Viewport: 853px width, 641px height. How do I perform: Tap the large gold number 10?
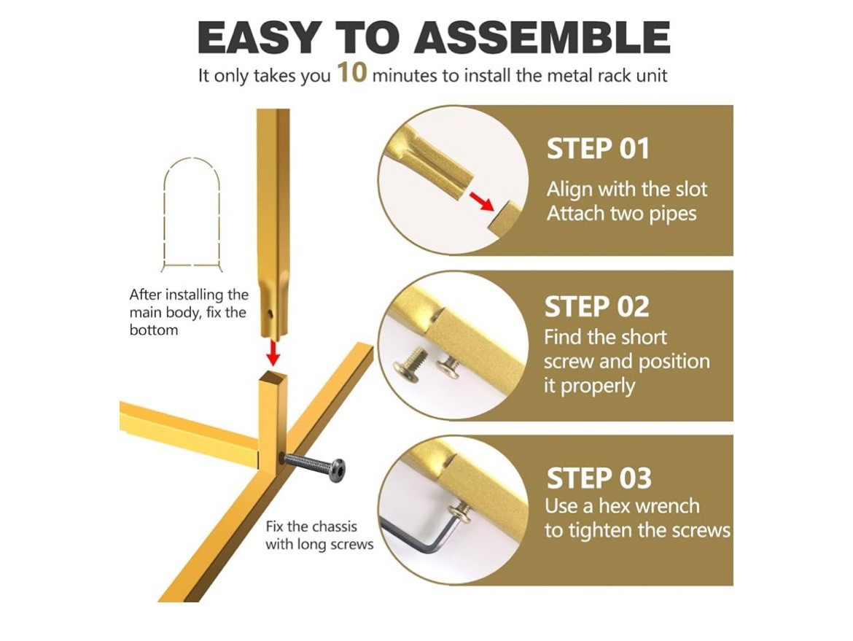352,72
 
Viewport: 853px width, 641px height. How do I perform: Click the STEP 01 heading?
598,149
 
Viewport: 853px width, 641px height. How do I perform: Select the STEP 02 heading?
597,307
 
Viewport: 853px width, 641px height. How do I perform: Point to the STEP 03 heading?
599,478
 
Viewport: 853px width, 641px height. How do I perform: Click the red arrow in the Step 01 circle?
481,201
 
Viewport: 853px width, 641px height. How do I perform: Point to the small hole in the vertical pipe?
270,313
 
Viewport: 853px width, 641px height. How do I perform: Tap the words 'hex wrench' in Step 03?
649,506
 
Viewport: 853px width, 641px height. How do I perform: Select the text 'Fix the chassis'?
311,527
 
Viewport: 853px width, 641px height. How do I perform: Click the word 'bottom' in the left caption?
153,330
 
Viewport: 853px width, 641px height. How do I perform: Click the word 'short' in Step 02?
645,338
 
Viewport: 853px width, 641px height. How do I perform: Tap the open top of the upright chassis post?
273,376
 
